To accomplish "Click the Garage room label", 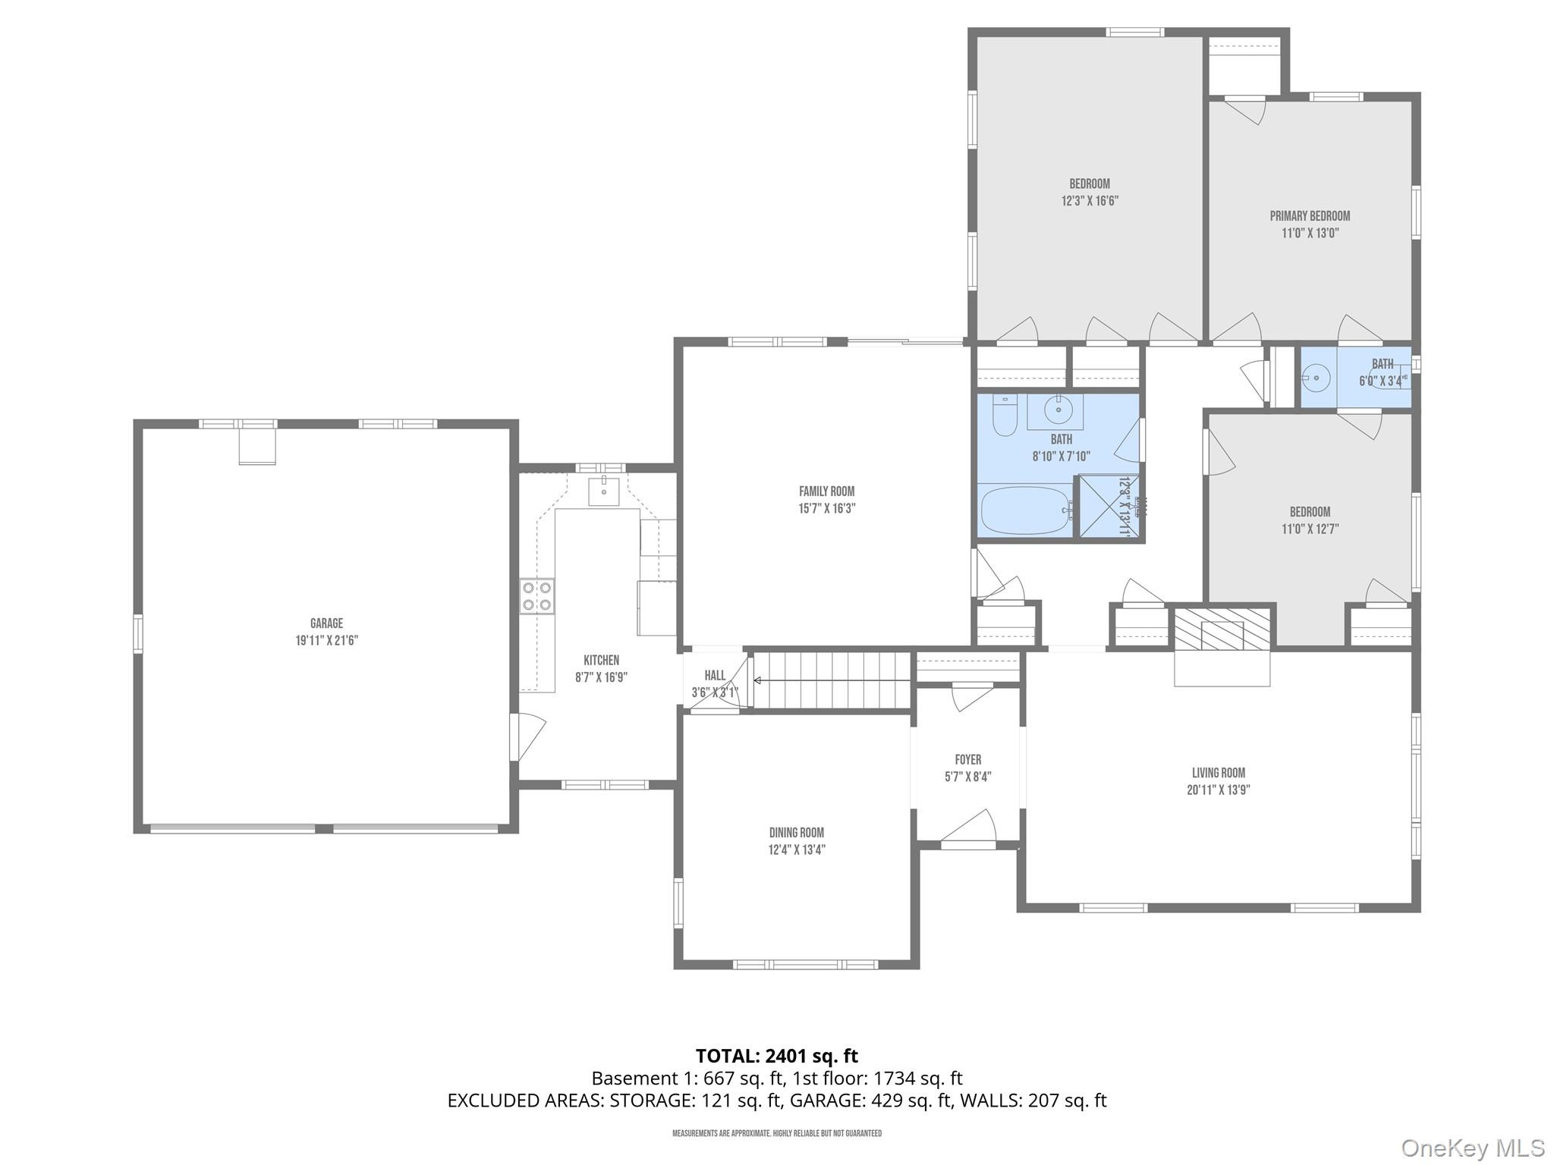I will coord(326,623).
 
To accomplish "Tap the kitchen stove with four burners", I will coord(536,595).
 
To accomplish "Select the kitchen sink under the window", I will coord(604,491).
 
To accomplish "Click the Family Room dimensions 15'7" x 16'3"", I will coord(826,509).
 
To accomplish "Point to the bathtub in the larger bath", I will coord(1024,510).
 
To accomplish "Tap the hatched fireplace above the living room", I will coord(1222,628).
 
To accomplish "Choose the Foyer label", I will coord(967,759).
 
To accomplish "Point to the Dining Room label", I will coord(796,832).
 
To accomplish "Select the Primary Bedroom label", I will coord(1310,216).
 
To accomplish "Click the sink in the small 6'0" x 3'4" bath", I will coord(1316,377).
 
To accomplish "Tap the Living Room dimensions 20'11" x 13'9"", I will coord(1218,790).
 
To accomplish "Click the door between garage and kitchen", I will coord(526,736).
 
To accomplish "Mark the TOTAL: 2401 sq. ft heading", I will coord(776,1056).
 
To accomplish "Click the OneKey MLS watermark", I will coord(1472,1148).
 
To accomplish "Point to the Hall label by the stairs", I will coord(715,675).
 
